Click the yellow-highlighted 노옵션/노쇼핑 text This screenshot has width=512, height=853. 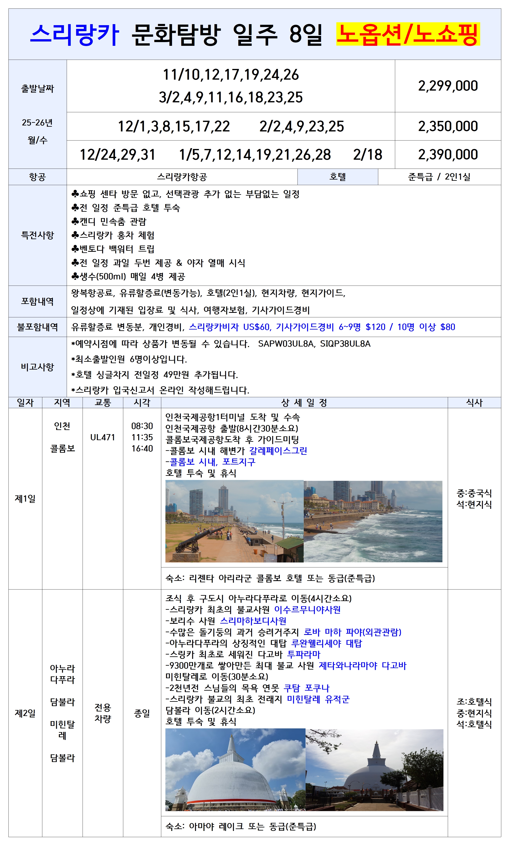click(408, 34)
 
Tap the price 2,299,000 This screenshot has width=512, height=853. click(448, 86)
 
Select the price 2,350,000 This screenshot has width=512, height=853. click(448, 126)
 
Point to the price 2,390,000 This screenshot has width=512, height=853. click(448, 155)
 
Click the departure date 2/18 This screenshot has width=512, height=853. click(367, 155)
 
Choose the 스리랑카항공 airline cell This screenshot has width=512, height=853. click(182, 177)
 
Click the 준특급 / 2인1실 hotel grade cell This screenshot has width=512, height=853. click(439, 177)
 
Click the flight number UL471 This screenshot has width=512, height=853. click(102, 437)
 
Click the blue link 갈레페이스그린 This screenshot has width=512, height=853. click(278, 451)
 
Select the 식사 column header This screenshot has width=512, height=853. click(474, 402)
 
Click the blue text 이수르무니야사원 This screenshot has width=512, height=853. click(307, 610)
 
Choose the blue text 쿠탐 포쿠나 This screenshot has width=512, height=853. click(306, 688)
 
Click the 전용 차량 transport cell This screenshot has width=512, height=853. click(102, 713)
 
